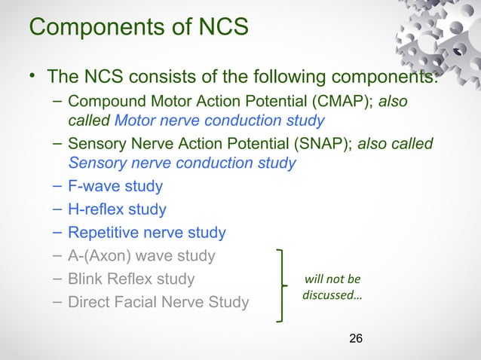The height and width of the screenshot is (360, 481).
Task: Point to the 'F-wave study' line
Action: click(x=115, y=185)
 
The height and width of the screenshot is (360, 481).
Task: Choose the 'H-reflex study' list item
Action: click(x=117, y=209)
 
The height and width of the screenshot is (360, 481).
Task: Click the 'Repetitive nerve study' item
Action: click(x=146, y=233)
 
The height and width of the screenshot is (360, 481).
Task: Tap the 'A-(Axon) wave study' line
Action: click(x=141, y=256)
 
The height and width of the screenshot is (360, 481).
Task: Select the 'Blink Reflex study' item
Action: click(x=130, y=279)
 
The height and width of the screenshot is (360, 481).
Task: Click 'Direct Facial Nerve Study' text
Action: click(x=158, y=303)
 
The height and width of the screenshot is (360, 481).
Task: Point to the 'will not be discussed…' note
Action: click(x=332, y=286)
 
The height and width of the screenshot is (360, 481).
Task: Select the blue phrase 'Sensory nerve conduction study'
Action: click(x=182, y=163)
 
